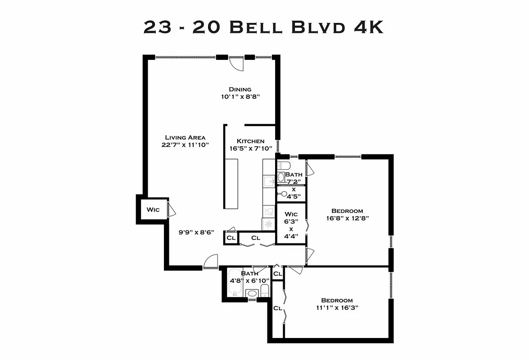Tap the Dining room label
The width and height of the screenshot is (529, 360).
pyautogui.click(x=240, y=89)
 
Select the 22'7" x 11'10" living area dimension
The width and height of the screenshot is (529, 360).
pyautogui.click(x=185, y=144)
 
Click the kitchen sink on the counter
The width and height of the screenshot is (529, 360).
pyautogui.click(x=269, y=182)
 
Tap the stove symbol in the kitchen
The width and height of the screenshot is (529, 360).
pyautogui.click(x=269, y=224)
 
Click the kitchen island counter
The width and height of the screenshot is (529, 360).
pyautogui.click(x=231, y=183)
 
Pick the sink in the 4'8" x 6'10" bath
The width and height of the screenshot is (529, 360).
pyautogui.click(x=253, y=293)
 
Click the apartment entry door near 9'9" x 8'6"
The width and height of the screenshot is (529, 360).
pyautogui.click(x=210, y=262)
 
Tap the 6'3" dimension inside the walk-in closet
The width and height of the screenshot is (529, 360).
pyautogui.click(x=291, y=221)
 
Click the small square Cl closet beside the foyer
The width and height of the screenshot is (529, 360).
pyautogui.click(x=231, y=238)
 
